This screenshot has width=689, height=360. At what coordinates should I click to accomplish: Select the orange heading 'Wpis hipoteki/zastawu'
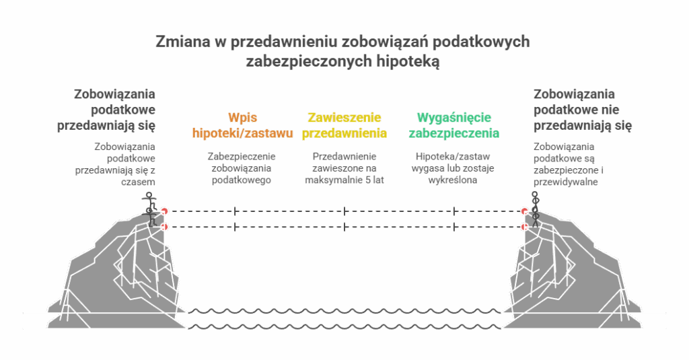242,124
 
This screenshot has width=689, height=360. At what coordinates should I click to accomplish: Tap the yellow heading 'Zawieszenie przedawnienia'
344,124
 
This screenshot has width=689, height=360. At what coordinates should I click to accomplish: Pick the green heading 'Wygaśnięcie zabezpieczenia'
454,124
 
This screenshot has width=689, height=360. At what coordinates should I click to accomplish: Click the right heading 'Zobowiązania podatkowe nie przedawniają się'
583,109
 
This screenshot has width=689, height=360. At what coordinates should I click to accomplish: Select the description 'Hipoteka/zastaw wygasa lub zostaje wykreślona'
454,168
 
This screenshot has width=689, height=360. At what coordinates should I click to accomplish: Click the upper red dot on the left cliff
164,211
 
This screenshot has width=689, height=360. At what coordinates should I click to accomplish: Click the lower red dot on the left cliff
164,227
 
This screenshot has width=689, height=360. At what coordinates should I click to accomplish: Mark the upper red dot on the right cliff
523,211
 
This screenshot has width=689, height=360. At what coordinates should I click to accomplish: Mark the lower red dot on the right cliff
523,227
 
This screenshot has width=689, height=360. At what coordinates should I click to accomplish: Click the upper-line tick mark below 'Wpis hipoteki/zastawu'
235,211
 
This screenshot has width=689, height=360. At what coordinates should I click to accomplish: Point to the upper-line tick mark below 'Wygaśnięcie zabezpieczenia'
454,211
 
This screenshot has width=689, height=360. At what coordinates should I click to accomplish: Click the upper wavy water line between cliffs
344,312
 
